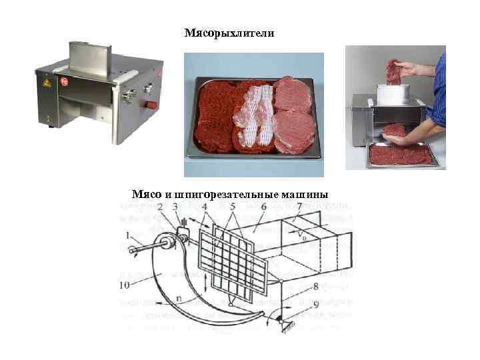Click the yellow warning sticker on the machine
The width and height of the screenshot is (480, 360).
pos(47,84)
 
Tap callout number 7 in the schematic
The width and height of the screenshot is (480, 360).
pos(299,207)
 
